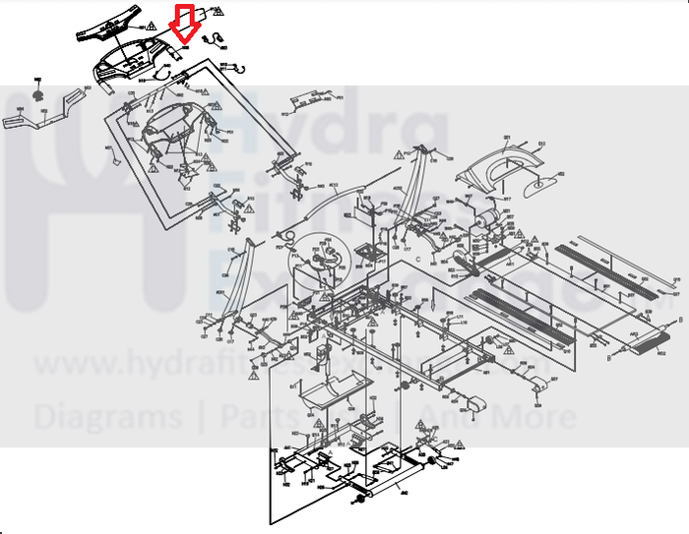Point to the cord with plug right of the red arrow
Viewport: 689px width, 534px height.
[x=213, y=39]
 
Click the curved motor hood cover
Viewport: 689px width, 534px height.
[x=504, y=159]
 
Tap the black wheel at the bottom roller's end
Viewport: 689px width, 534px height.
[x=360, y=503]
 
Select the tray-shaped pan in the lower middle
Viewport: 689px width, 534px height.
[x=330, y=393]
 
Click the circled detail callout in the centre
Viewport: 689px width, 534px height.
[x=321, y=258]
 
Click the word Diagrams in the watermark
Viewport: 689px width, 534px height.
[x=107, y=417]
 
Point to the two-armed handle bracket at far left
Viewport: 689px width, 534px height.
[x=44, y=111]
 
